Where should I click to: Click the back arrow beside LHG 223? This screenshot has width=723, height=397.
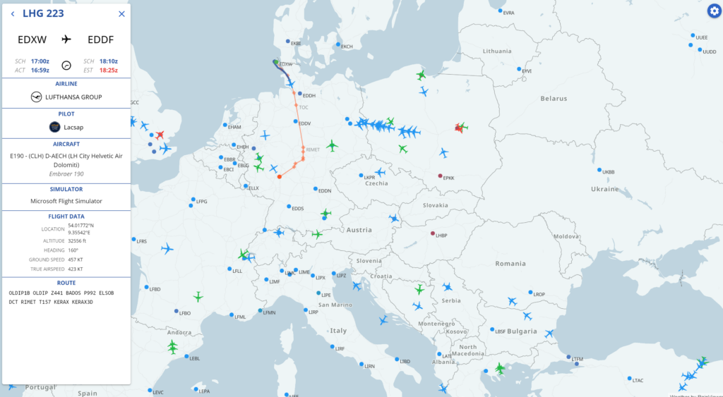click(x=13, y=13)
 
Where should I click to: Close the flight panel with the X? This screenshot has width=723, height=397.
click(x=121, y=13)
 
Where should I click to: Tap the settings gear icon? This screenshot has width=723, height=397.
click(x=715, y=11)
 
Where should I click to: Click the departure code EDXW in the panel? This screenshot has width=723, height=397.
click(x=32, y=39)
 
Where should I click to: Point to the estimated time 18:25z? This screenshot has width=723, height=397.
click(x=109, y=70)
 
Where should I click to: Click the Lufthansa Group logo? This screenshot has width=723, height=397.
click(x=37, y=97)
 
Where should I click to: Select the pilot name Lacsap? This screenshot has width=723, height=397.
click(x=74, y=127)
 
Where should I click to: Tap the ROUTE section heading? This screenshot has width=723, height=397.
click(x=66, y=282)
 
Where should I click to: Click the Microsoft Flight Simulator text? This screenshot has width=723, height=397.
click(x=66, y=201)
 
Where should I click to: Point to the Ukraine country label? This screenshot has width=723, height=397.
click(x=604, y=189)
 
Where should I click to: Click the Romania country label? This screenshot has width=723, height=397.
click(x=510, y=263)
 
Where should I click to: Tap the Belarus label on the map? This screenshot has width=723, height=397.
click(x=554, y=99)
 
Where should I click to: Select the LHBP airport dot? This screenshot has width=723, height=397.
click(x=433, y=233)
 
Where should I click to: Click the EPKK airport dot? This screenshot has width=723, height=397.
click(x=440, y=176)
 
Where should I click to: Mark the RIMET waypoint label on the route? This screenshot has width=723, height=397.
click(x=313, y=149)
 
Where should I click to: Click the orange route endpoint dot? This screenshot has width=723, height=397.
click(x=280, y=177)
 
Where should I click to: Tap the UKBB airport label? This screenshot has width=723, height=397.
click(x=608, y=172)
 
